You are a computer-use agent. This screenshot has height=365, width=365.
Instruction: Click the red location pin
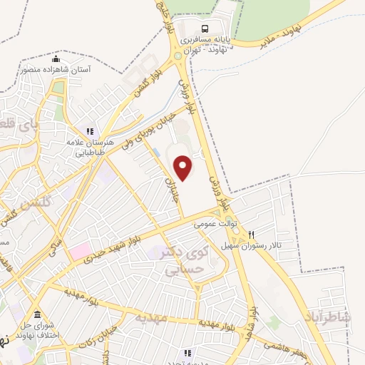[x=184, y=168]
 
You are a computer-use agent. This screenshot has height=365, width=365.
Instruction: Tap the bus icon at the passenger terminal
[x=205, y=29]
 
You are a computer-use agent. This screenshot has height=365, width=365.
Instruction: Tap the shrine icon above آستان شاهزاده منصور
[x=56, y=58]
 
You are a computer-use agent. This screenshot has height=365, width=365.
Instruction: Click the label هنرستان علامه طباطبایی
[x=90, y=146]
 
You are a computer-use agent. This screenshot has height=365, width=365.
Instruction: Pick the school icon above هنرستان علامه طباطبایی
[x=90, y=131]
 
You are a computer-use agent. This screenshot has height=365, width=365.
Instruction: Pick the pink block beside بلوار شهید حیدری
[x=80, y=250]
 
